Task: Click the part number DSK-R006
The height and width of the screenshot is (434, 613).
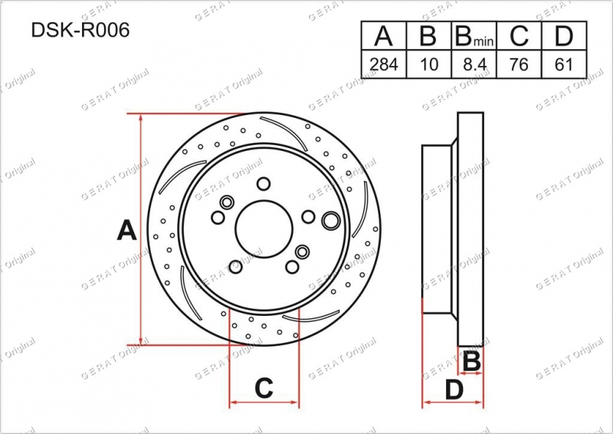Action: point(80,30)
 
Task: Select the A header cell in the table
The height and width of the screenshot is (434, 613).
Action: point(384,35)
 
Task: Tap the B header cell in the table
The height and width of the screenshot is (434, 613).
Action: point(429,35)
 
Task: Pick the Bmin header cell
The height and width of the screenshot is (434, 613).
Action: point(474,35)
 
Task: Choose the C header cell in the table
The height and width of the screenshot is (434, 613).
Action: point(519,35)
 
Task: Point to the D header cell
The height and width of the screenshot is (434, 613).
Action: point(564,35)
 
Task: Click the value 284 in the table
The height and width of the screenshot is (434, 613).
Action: point(384,64)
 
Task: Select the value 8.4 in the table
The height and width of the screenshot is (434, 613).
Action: point(474,64)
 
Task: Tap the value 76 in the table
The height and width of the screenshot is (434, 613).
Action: point(519,64)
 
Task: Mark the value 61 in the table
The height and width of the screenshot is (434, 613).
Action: point(563,64)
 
